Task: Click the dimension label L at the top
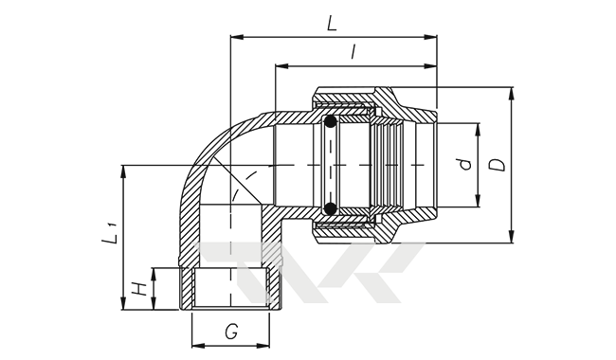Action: tap(332, 23)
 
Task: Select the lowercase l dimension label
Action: tap(353, 51)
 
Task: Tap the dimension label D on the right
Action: tap(498, 165)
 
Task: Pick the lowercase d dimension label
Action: tap(465, 164)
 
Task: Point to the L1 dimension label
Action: tap(110, 233)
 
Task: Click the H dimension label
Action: tap(139, 289)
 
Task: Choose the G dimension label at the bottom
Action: tap(231, 333)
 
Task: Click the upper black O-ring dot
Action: tap(331, 121)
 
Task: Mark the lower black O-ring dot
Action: tap(331, 208)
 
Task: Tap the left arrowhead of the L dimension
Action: tap(237, 37)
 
